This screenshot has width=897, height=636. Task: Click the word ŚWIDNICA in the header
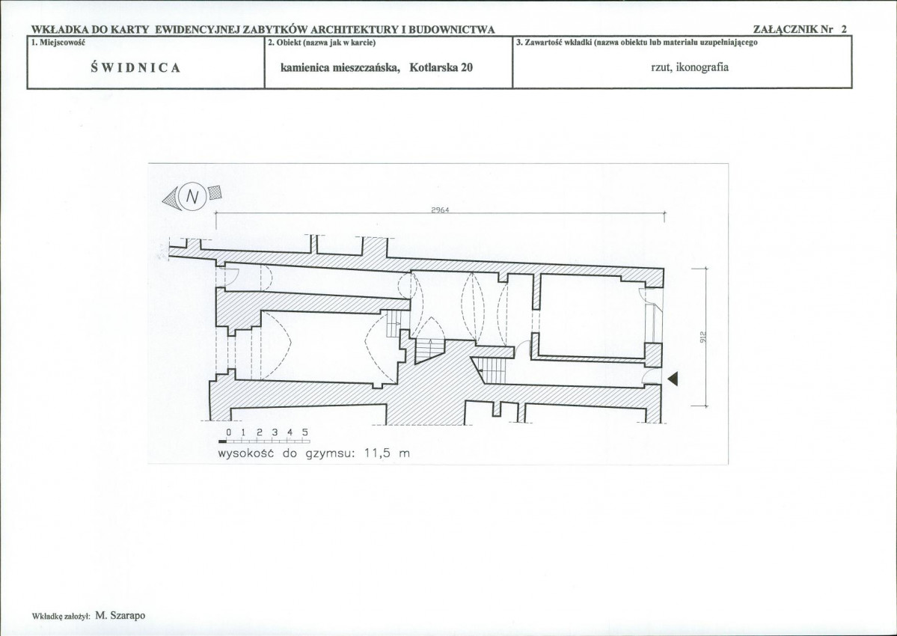pos(135,67)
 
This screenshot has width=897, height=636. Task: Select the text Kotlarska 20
pos(441,67)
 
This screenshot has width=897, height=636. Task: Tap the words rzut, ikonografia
pos(689,67)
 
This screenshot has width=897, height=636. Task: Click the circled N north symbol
pos(193,197)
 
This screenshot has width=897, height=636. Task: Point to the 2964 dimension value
pos(440,210)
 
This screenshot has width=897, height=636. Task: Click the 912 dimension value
pos(702,337)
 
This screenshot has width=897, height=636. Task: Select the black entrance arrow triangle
pos(673,378)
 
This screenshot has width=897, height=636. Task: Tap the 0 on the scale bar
pos(228,432)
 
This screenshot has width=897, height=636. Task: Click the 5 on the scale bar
pos(305,432)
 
